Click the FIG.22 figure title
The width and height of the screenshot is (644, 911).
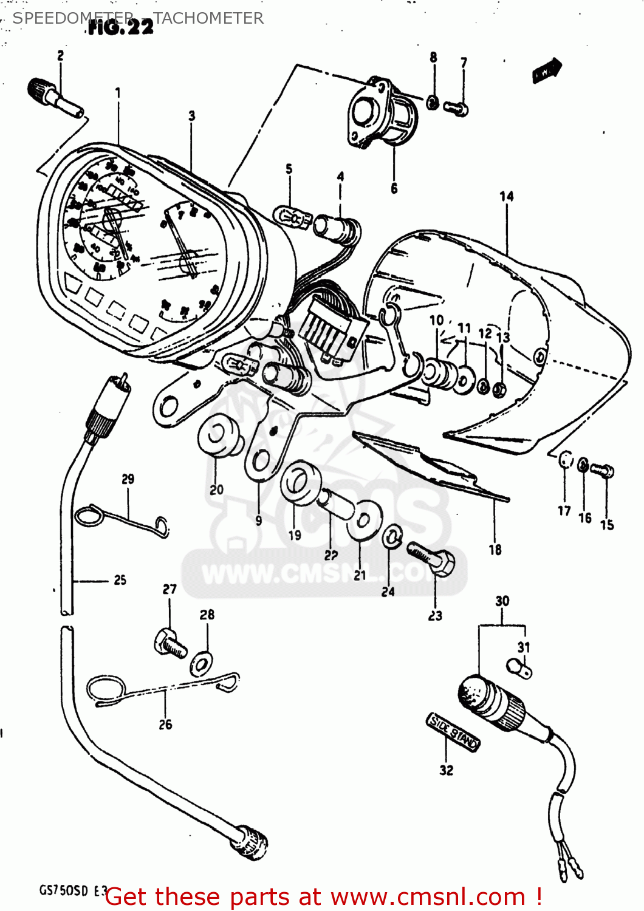(122, 27)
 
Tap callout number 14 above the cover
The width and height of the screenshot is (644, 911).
(506, 196)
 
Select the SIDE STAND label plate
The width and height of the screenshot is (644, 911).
(453, 731)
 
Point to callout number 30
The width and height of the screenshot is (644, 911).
(502, 601)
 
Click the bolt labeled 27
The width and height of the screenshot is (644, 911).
(170, 643)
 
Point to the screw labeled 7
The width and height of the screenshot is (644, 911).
(456, 108)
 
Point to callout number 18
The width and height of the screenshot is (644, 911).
(495, 550)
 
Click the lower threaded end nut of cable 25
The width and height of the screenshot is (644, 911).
(252, 842)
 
